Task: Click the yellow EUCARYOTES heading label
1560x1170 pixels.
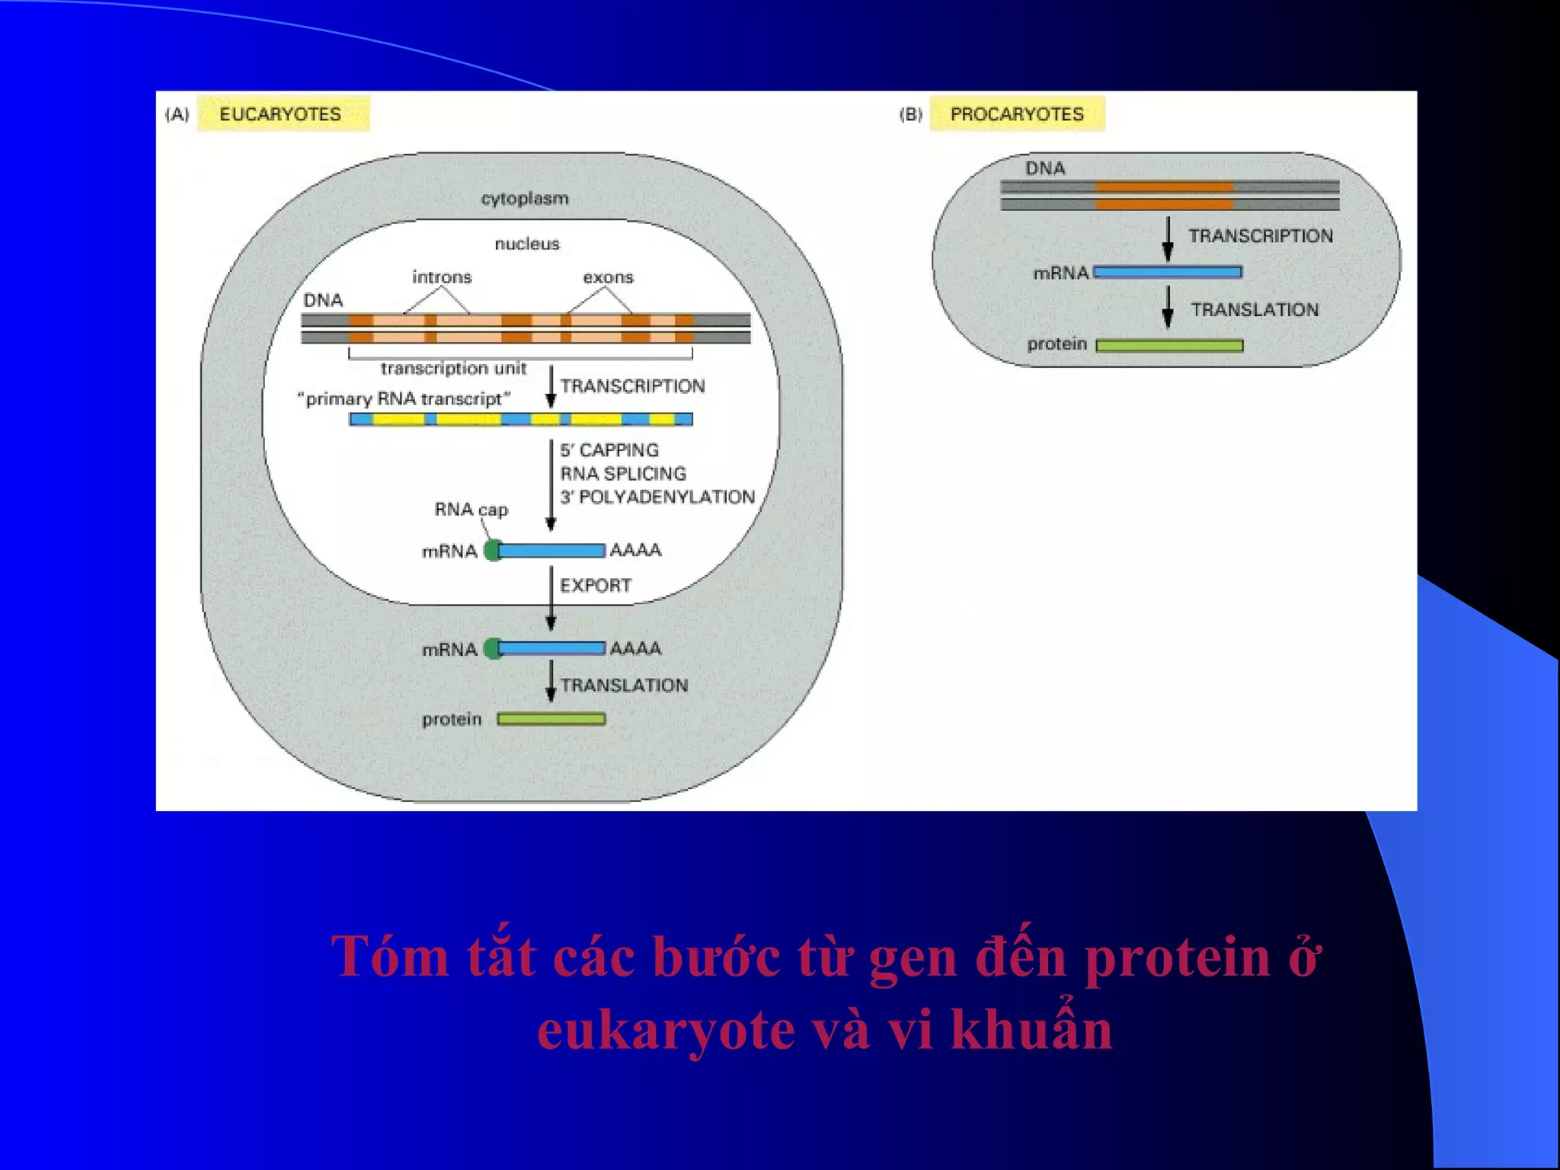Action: tap(282, 114)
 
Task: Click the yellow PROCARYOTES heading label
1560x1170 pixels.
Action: tap(1016, 114)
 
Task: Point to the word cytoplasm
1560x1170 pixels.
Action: tap(525, 198)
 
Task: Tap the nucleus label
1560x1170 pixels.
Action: tap(527, 244)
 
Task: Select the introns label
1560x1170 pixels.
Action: tap(442, 277)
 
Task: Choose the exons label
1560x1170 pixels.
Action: tap(608, 277)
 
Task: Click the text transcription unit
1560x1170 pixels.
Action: tap(453, 369)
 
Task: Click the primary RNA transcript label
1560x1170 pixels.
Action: tap(403, 399)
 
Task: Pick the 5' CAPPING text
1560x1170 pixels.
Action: tap(609, 450)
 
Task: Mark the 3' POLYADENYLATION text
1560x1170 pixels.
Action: tap(657, 497)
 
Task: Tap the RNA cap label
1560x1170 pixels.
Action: tap(471, 509)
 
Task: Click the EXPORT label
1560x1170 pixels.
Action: tap(596, 586)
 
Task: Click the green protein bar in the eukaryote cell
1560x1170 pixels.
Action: tap(551, 719)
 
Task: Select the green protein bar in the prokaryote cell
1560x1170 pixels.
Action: tap(1169, 346)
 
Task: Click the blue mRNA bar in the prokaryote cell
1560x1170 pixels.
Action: tap(1168, 272)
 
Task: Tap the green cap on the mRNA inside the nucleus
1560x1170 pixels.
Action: tap(493, 550)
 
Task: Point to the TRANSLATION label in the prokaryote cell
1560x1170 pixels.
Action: tap(1255, 310)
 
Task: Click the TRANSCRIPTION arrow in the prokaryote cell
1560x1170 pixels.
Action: tap(1168, 239)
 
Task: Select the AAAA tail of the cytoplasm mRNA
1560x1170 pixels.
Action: tap(635, 648)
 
